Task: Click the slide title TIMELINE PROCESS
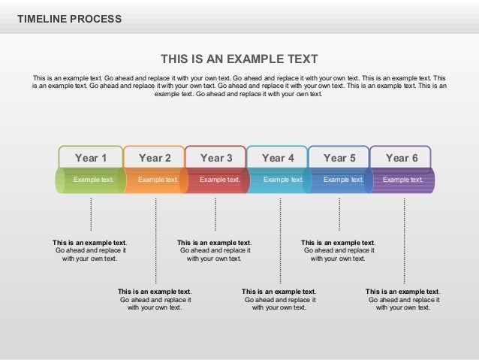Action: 69,19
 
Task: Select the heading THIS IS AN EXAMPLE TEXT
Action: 239,59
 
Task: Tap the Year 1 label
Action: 91,158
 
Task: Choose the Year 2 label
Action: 155,158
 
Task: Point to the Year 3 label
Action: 216,158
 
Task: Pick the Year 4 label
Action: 278,158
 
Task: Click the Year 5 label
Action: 339,158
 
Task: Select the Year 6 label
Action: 402,158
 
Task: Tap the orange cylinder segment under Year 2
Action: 156,180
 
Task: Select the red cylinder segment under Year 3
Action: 218,180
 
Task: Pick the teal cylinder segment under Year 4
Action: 280,180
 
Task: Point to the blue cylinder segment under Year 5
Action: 342,180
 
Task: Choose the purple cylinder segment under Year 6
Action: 403,180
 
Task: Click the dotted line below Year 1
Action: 91,214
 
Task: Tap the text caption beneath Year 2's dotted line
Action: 155,299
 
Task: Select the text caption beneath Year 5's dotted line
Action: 338,250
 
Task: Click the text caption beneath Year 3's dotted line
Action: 214,250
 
